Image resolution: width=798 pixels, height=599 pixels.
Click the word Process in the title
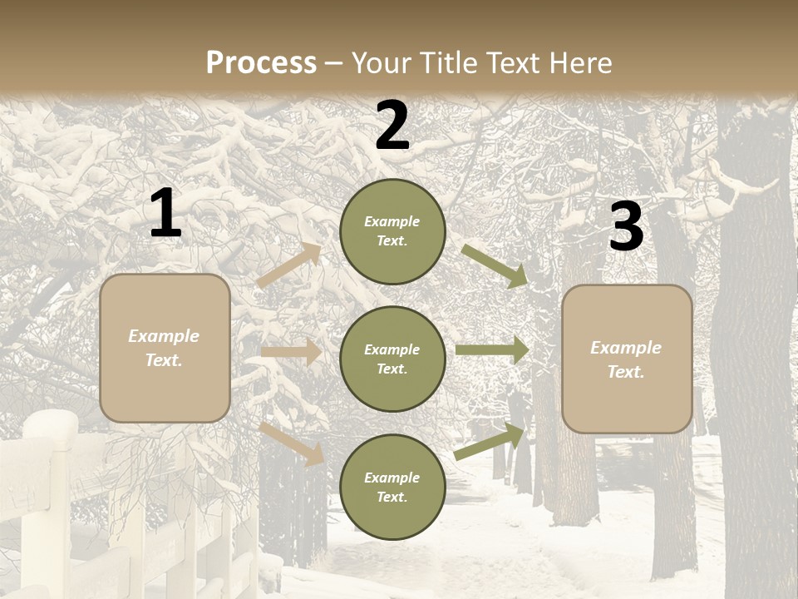[x=261, y=62]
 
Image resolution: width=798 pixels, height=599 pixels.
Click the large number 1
[x=165, y=214]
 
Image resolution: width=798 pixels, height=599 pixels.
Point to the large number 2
[x=392, y=126]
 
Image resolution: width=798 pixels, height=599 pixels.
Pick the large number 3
[x=626, y=226]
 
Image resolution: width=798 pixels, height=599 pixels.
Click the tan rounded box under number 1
[x=165, y=348]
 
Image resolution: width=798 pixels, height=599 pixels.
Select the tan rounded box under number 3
[x=627, y=359]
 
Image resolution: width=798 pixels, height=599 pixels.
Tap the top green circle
[x=392, y=231]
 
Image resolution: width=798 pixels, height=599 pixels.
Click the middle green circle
[x=392, y=359]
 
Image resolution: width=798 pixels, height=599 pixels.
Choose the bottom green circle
[x=392, y=487]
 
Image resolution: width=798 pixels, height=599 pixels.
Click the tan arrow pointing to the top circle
[x=289, y=265]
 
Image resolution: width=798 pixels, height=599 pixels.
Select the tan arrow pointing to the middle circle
[x=291, y=353]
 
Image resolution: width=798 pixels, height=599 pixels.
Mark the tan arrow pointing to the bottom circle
[x=291, y=443]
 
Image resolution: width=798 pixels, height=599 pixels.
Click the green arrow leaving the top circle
[x=495, y=265]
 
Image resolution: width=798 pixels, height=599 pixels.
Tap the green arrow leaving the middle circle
[x=492, y=350]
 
